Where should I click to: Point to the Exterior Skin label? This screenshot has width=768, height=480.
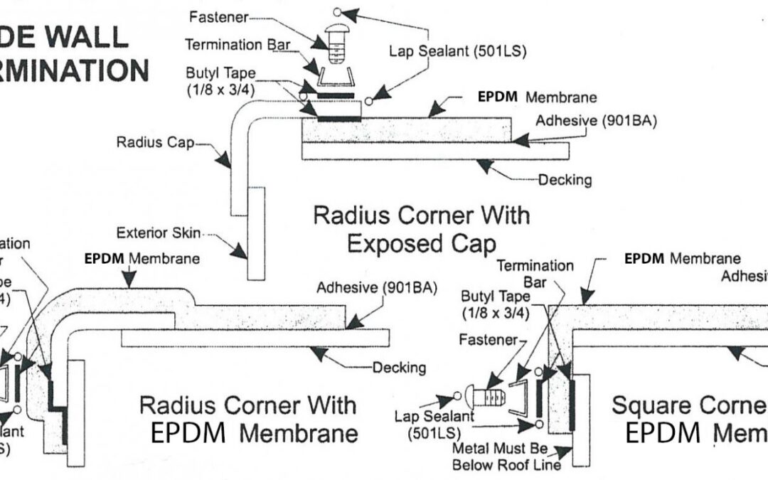point(158,233)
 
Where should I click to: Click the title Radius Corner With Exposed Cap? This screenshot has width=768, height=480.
point(422,228)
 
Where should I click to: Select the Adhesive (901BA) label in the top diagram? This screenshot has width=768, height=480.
point(596,120)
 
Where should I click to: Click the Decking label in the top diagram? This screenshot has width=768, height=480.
point(564,179)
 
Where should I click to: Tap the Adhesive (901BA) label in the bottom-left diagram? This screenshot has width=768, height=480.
point(376,288)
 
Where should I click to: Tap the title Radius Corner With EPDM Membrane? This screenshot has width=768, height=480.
point(248,418)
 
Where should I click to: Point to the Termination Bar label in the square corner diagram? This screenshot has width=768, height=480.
point(545,273)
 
